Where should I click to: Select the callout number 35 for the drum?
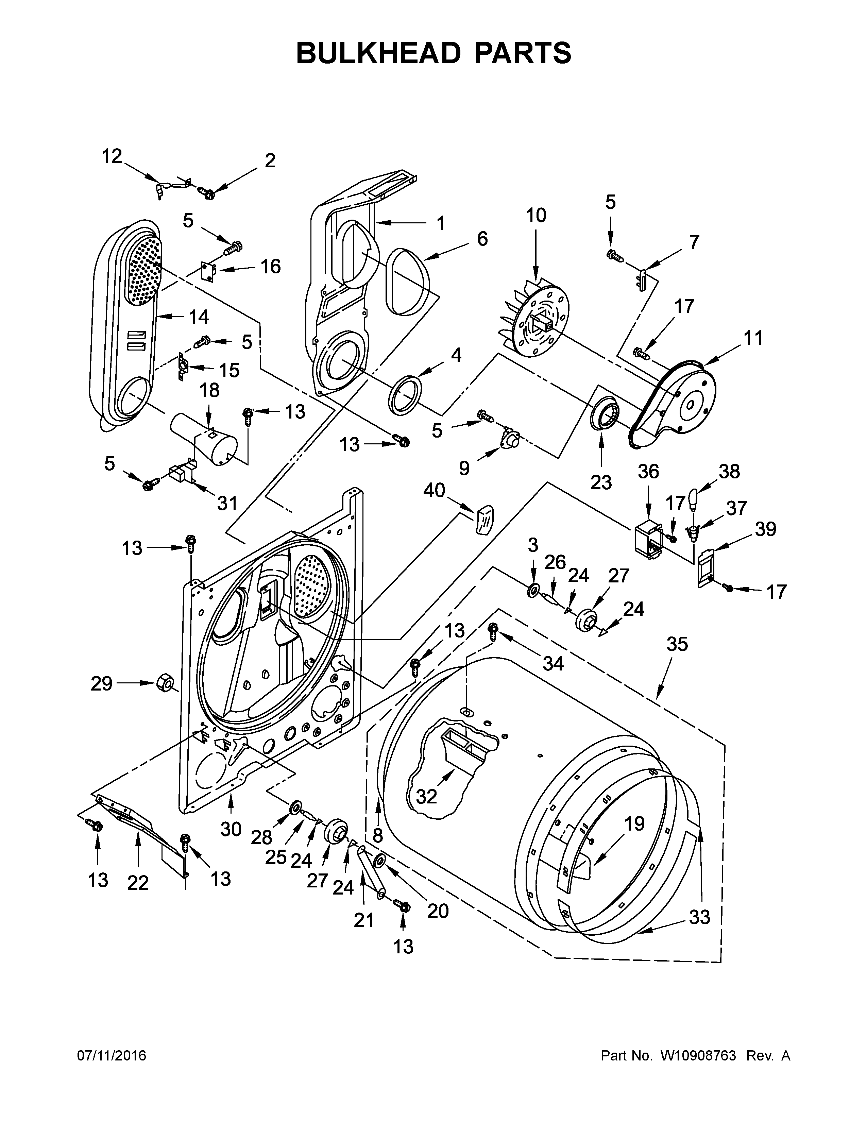(x=677, y=644)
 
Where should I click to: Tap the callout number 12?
(x=112, y=156)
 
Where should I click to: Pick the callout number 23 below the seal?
(x=601, y=482)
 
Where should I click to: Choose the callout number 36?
(x=648, y=471)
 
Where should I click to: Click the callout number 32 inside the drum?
(x=426, y=796)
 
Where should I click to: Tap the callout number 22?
(x=138, y=883)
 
